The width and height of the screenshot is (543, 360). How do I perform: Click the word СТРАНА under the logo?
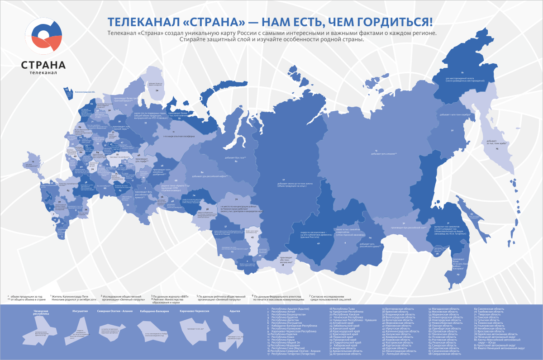[43, 65]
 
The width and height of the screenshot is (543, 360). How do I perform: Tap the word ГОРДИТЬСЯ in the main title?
[395, 22]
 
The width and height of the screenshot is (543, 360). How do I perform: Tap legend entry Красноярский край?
[346, 334]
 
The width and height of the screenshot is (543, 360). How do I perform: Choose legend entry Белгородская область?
[398, 308]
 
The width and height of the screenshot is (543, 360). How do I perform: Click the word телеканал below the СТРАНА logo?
[43, 73]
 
